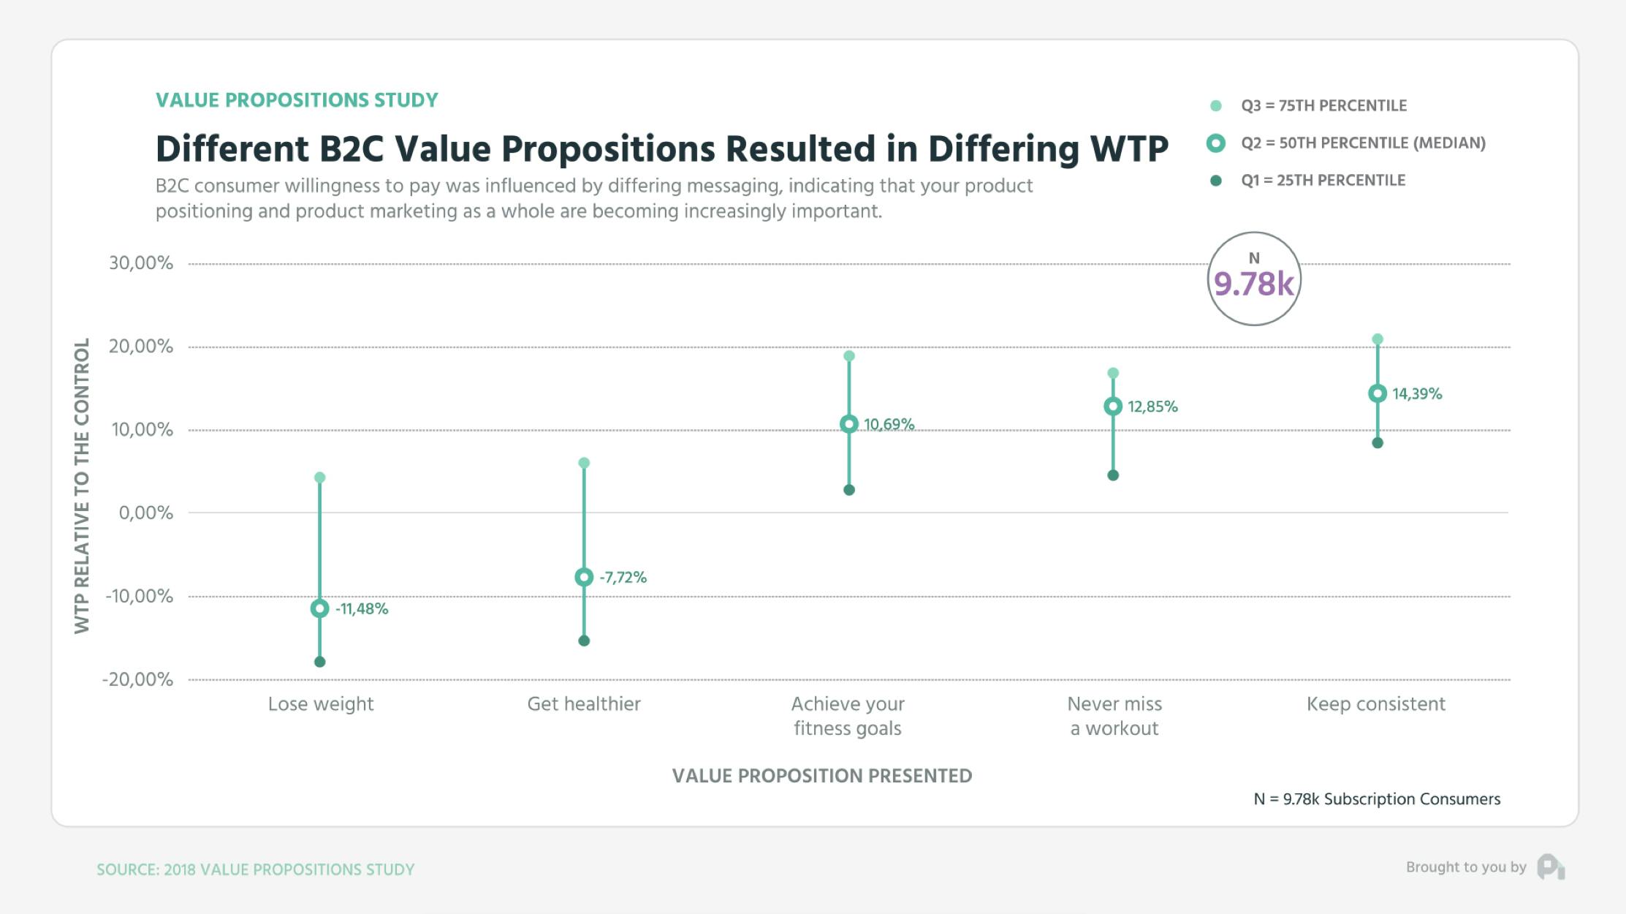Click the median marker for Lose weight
[319, 608]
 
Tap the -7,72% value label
[623, 578]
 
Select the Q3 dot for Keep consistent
[1378, 339]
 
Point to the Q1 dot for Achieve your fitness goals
[849, 490]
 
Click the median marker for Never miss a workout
[1113, 407]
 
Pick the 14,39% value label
[1416, 394]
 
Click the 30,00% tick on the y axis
[141, 263]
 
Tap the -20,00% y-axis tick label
[137, 680]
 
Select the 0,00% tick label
[145, 513]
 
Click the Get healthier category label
[583, 704]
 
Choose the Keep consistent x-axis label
[1375, 704]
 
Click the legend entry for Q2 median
[1362, 143]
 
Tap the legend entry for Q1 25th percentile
[1322, 181]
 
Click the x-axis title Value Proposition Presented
[821, 776]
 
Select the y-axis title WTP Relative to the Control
[82, 486]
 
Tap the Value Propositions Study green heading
[297, 100]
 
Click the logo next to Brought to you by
[1550, 867]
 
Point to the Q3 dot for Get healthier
[584, 463]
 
